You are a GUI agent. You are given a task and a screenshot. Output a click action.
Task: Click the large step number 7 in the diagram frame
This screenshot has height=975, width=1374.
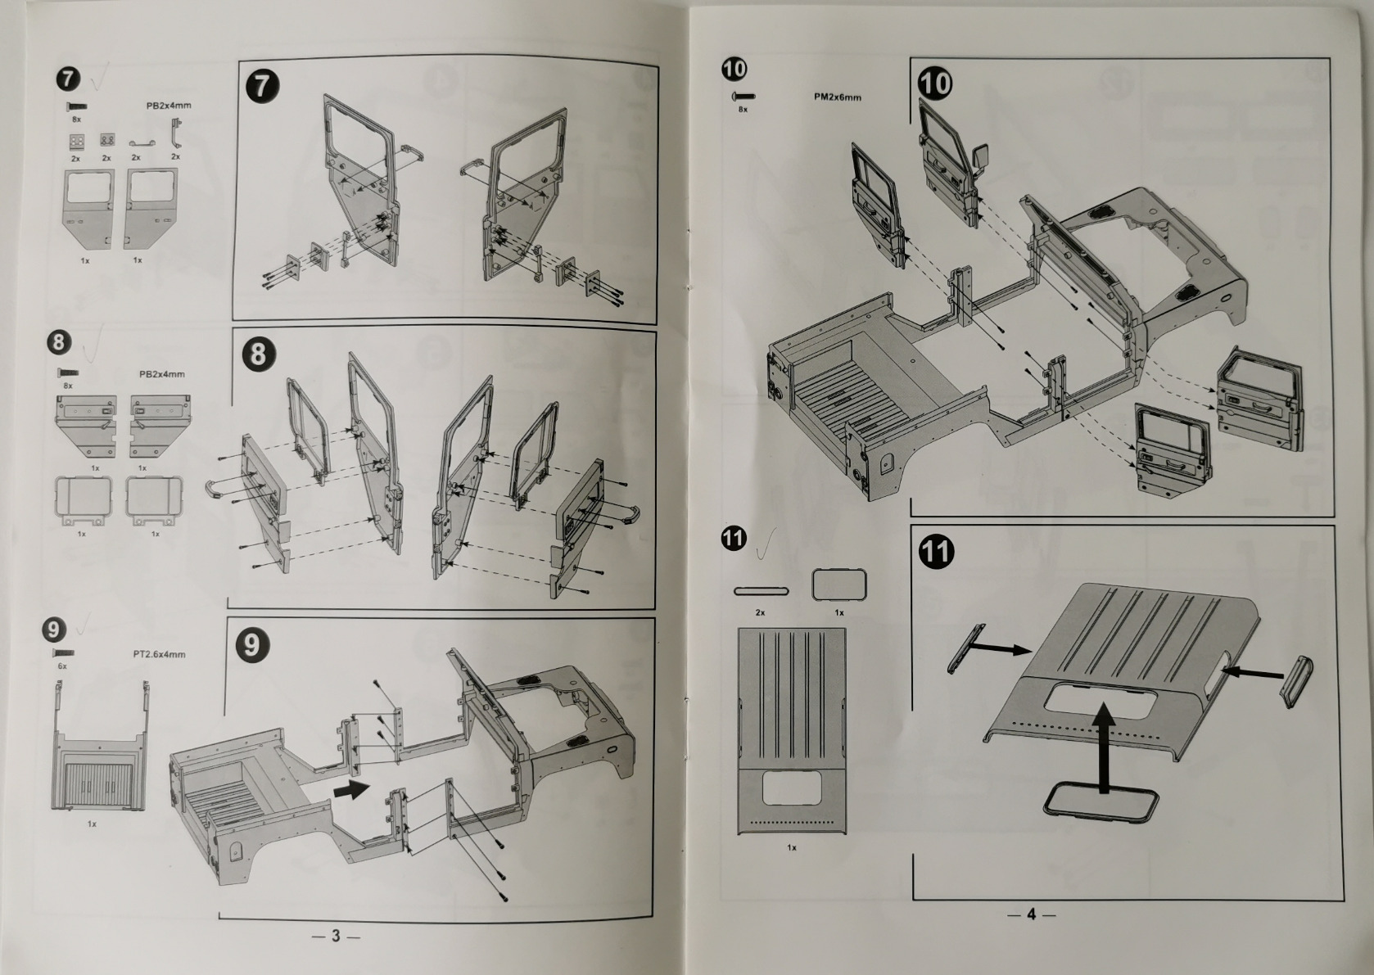[261, 86]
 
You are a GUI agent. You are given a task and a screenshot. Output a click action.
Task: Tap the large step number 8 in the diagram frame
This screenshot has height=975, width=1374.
[259, 354]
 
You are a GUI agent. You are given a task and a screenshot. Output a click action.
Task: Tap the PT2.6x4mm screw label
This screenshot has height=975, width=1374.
[159, 654]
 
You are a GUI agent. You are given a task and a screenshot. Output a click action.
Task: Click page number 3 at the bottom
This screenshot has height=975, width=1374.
[335, 936]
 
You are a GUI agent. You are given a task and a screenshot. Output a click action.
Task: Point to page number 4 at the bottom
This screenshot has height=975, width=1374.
[1031, 914]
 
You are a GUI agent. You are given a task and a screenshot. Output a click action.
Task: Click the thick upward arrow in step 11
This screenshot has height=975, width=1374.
[1105, 745]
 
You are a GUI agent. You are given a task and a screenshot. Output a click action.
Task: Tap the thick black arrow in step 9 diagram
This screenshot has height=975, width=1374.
[351, 788]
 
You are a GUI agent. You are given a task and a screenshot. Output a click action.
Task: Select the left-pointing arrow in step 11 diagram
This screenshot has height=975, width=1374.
[1251, 672]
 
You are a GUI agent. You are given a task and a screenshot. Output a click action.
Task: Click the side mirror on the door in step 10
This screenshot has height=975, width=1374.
[981, 153]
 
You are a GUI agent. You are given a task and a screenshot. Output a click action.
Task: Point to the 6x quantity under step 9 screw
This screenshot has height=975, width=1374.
[62, 666]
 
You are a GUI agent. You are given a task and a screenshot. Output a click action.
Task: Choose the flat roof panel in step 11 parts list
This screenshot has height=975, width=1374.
[791, 730]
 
